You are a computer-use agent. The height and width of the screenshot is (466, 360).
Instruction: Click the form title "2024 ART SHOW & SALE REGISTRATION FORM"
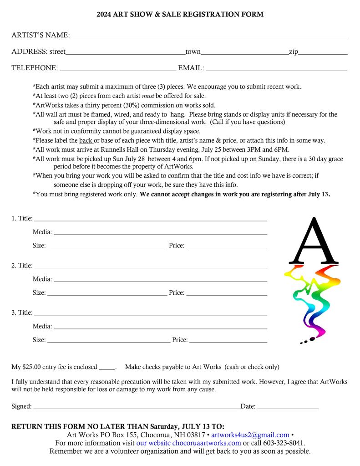[x=180, y=15]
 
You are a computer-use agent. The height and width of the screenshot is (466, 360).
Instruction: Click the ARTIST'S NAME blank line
[x=209, y=36]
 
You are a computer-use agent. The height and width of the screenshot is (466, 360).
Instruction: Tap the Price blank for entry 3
[x=228, y=341]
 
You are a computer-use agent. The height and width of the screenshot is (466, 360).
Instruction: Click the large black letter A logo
[x=314, y=241]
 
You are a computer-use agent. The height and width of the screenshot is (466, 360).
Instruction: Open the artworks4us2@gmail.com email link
[x=250, y=435]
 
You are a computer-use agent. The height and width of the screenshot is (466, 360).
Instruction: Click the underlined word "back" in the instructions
[x=86, y=140]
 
